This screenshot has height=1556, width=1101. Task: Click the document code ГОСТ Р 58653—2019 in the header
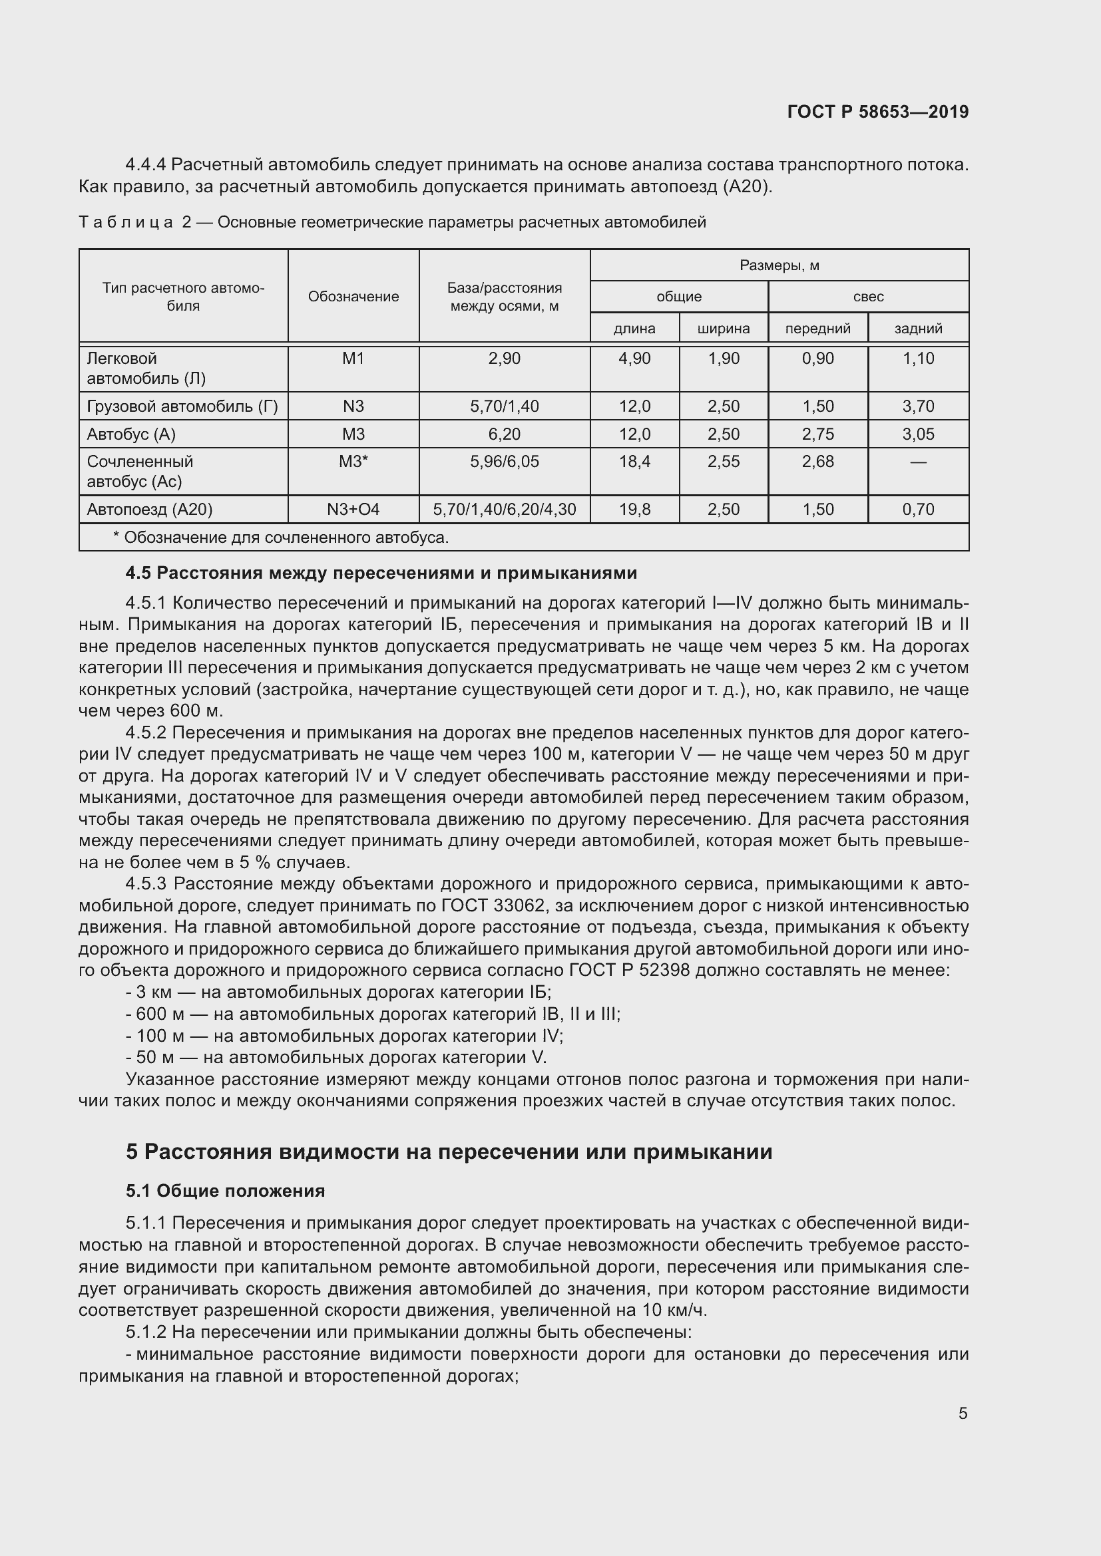[x=877, y=112]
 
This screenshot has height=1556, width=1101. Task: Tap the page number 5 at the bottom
[x=963, y=1413]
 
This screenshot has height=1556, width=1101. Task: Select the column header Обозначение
[x=353, y=297]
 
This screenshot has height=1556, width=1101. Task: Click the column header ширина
[x=724, y=329]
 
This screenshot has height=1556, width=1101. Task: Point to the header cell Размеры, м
[x=779, y=265]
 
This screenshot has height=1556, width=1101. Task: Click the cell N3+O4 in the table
[x=353, y=509]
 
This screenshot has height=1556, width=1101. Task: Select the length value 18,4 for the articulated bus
[x=634, y=462]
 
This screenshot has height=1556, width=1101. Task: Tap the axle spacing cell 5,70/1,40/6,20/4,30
[x=505, y=509]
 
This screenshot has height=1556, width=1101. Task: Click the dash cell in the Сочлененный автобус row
[x=918, y=462]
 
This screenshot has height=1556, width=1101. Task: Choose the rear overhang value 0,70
[x=918, y=509]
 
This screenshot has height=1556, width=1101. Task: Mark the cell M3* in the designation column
[x=353, y=462]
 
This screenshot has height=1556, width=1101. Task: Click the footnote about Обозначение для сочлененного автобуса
[x=281, y=538]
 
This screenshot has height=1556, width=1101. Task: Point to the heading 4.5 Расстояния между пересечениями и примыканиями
[x=381, y=573]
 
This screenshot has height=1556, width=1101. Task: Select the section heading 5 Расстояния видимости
[x=449, y=1152]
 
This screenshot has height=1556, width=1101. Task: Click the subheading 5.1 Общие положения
[x=225, y=1191]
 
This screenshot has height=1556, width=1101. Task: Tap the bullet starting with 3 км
[x=339, y=992]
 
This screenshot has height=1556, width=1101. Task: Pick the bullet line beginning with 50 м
[x=337, y=1057]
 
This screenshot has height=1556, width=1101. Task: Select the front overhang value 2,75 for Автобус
[x=817, y=434]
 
